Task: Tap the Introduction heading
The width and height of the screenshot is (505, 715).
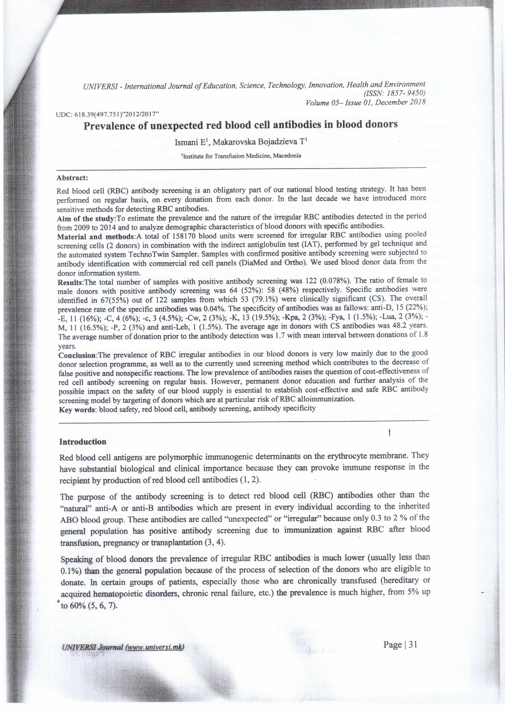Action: (x=83, y=442)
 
